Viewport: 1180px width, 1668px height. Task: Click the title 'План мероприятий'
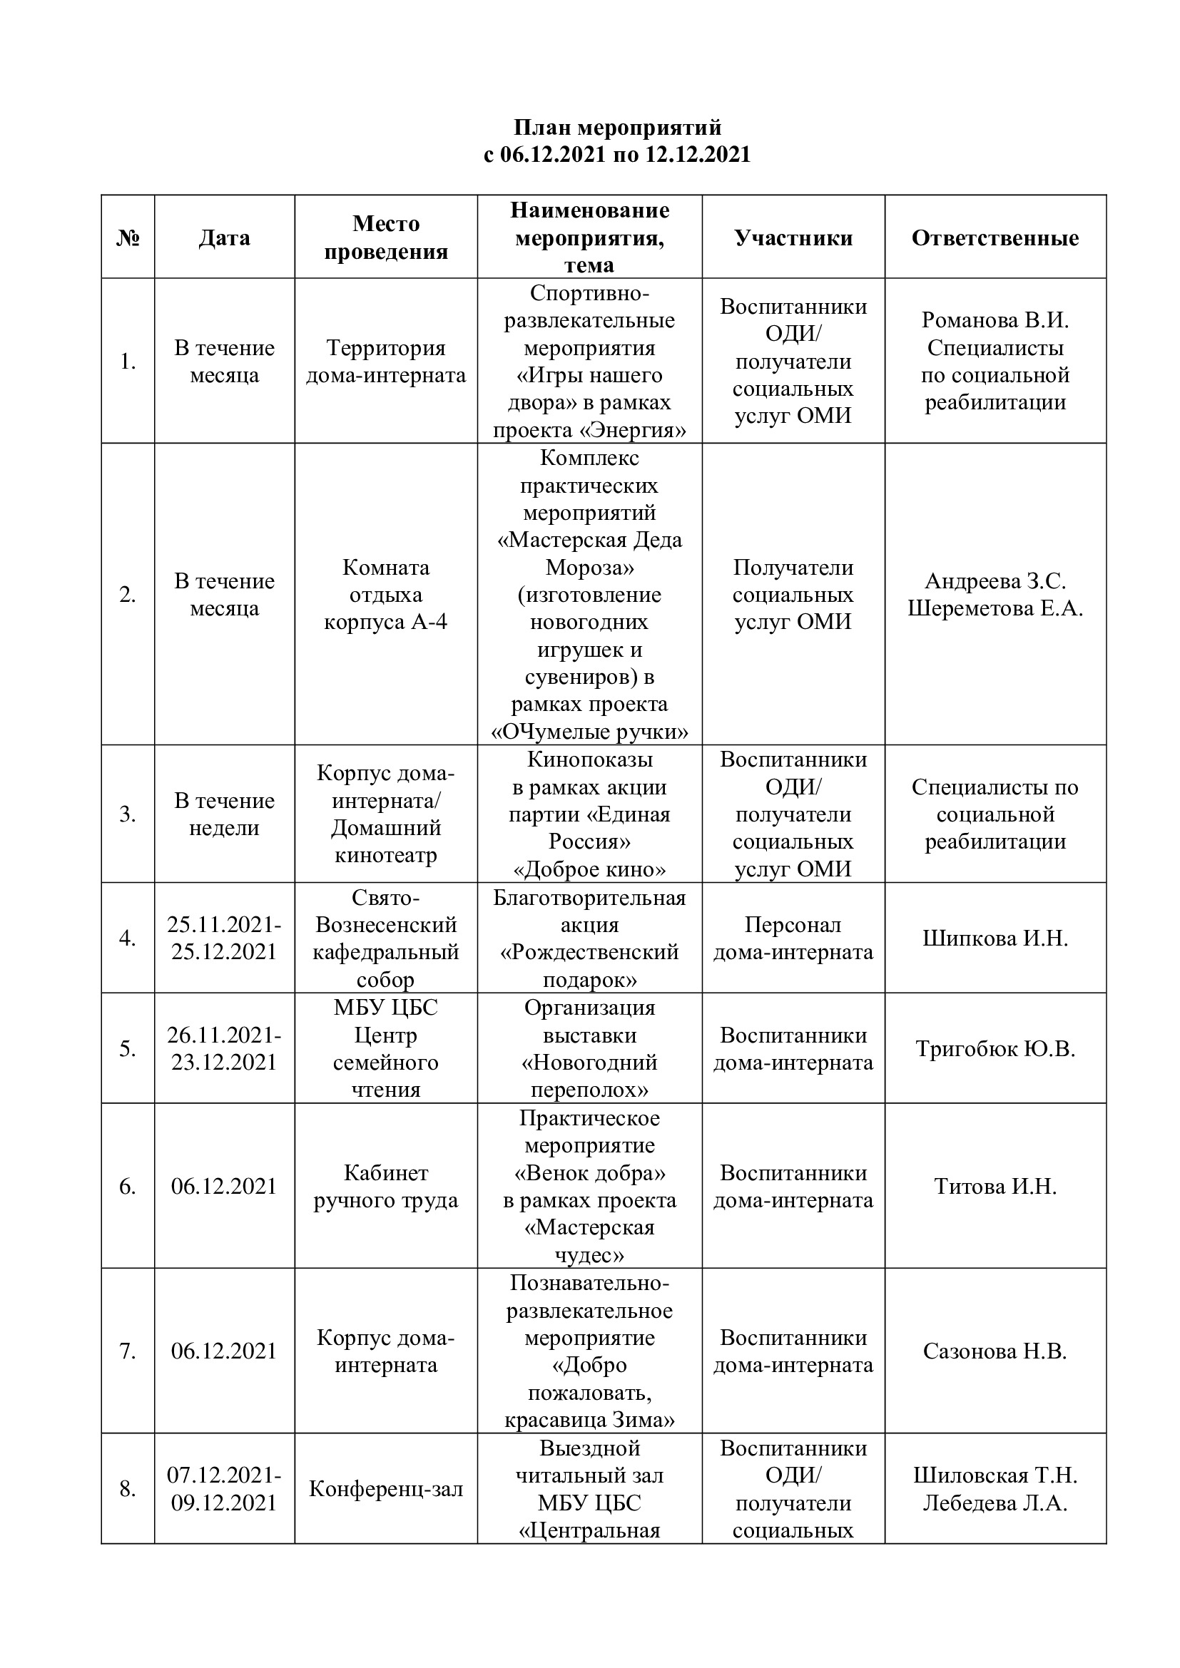pos(618,128)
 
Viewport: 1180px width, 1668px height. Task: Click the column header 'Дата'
pos(225,238)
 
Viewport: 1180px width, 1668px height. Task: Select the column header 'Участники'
pos(793,238)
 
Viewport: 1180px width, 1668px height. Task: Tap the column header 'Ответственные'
pos(995,238)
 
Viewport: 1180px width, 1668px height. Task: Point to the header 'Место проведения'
pos(386,237)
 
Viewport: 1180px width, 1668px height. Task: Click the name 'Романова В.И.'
pos(995,320)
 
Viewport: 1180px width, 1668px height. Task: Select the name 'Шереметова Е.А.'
pos(995,609)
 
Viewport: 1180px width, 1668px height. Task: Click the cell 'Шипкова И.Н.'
pos(995,938)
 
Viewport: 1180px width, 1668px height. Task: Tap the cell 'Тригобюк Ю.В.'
pos(995,1049)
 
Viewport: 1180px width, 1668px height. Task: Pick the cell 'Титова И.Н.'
pos(995,1187)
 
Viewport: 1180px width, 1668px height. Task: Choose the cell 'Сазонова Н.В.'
pos(995,1351)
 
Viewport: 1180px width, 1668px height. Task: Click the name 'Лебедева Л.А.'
pos(995,1503)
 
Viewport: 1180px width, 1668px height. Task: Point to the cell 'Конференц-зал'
pos(386,1489)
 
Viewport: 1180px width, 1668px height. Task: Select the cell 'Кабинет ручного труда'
pos(386,1187)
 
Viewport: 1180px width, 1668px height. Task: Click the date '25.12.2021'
pos(225,953)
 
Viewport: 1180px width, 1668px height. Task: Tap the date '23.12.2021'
pos(225,1063)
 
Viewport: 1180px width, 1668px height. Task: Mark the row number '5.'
pos(128,1049)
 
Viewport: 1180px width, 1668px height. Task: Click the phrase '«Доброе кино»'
pos(589,869)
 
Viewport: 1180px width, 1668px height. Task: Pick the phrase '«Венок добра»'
pos(589,1173)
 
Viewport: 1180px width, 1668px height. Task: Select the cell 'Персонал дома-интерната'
pos(793,938)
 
